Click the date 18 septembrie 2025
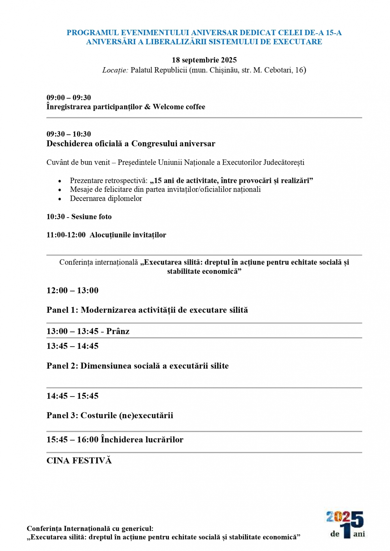pos(204,60)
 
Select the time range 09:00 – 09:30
pos(69,98)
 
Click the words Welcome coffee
pos(179,107)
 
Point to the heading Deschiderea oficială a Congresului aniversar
pos(131,144)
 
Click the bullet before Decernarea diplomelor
pos(60,199)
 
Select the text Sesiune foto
pos(91,217)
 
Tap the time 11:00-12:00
pos(66,235)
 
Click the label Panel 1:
pos(62,310)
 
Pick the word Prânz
pos(118,331)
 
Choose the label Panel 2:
pos(62,366)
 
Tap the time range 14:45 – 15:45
pos(72,396)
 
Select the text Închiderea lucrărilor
pos(142,440)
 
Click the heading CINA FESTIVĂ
pos(79,461)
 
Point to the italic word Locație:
pos(115,70)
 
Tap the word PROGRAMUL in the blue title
pos(93,33)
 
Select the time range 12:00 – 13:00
pos(72,290)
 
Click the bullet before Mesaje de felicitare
pos(60,190)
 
